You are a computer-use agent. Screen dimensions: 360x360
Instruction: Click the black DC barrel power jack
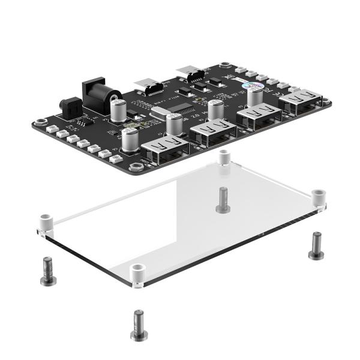click(x=100, y=93)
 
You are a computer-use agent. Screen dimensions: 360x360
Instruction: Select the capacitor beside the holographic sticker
click(x=256, y=96)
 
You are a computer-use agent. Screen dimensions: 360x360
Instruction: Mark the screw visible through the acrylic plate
click(x=223, y=199)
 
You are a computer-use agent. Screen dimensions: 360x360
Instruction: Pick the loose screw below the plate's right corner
click(x=316, y=245)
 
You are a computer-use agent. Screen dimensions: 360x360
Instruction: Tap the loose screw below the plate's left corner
click(x=47, y=271)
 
